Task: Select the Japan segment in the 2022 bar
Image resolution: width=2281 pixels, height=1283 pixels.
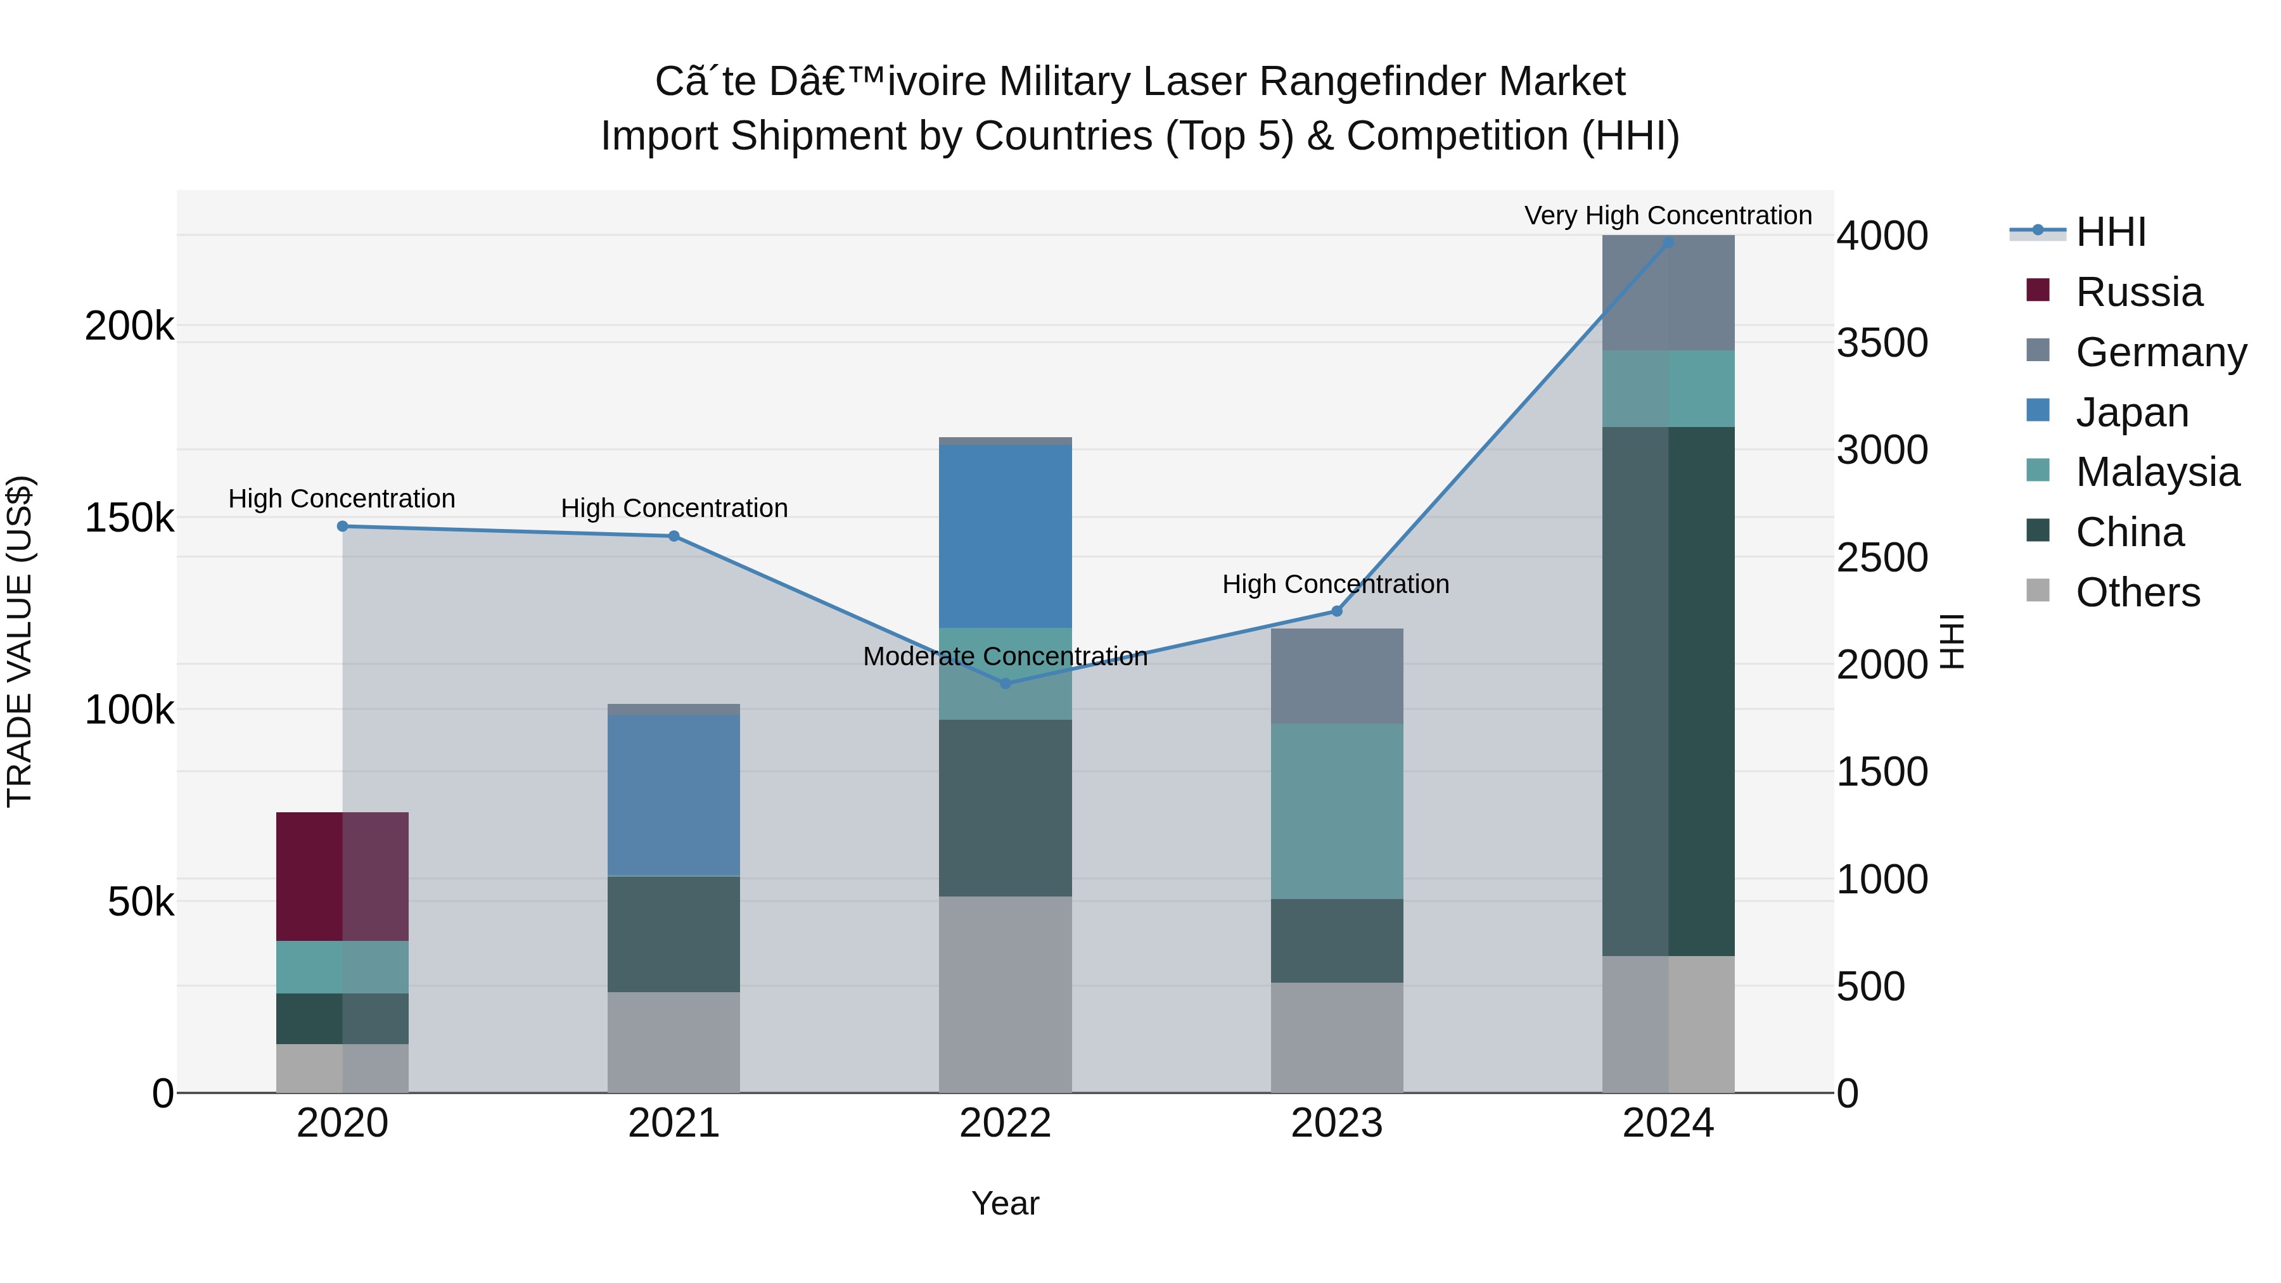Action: pyautogui.click(x=1005, y=535)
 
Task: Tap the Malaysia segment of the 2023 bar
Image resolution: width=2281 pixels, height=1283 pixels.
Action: pyautogui.click(x=1336, y=811)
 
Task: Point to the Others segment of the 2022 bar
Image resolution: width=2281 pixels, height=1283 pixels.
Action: pyautogui.click(x=1005, y=993)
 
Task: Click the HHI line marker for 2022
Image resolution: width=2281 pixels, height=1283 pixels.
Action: pyautogui.click(x=1005, y=684)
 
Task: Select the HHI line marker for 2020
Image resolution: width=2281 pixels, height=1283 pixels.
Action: pyautogui.click(x=343, y=526)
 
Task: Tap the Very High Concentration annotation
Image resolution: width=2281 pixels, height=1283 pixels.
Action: pyautogui.click(x=1668, y=215)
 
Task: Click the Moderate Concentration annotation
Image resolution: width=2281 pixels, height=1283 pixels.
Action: pyautogui.click(x=1005, y=656)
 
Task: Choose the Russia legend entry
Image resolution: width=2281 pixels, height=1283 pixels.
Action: pyautogui.click(x=2138, y=292)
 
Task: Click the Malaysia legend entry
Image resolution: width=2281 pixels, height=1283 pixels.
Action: pyautogui.click(x=2157, y=472)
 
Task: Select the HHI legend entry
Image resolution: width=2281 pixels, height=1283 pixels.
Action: pyautogui.click(x=2110, y=232)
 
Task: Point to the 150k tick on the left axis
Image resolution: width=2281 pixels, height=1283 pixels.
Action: pyautogui.click(x=129, y=518)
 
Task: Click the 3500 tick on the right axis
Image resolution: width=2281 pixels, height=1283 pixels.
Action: pyautogui.click(x=1882, y=343)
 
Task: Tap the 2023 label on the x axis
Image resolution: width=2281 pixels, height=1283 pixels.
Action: pyautogui.click(x=1336, y=1123)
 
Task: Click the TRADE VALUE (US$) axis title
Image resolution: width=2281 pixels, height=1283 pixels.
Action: pyautogui.click(x=20, y=641)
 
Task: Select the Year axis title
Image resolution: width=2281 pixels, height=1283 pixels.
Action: pyautogui.click(x=1005, y=1203)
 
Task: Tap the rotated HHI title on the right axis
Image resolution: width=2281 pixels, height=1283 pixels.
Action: pyautogui.click(x=1952, y=641)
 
